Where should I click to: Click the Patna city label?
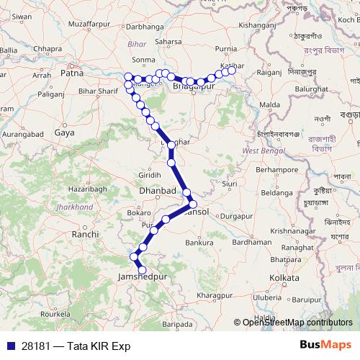point(72,73)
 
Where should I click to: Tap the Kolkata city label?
point(284,277)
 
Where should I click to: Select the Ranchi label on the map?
point(85,234)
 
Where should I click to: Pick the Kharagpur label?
point(215,295)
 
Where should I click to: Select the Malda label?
point(269,105)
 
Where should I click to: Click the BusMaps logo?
point(325,345)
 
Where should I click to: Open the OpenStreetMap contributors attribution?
point(297,323)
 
